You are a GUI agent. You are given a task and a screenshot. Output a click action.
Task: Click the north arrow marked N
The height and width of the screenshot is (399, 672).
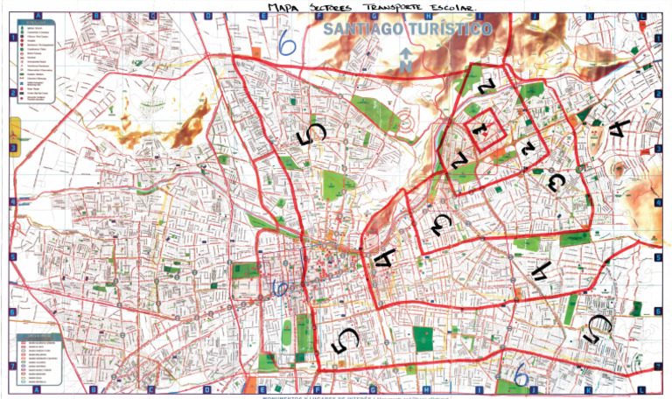(406, 59)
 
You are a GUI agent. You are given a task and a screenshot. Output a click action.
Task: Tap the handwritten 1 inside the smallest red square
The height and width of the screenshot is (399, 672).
(479, 128)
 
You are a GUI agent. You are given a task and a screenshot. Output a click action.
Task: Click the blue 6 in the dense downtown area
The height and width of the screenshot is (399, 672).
(280, 288)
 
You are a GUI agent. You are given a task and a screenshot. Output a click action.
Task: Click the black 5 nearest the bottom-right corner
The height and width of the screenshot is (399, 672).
(598, 328)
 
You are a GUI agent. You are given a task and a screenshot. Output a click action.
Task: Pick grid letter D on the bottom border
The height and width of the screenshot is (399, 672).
(206, 390)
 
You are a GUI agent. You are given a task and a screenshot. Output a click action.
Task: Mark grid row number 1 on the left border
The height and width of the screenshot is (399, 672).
(12, 38)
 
